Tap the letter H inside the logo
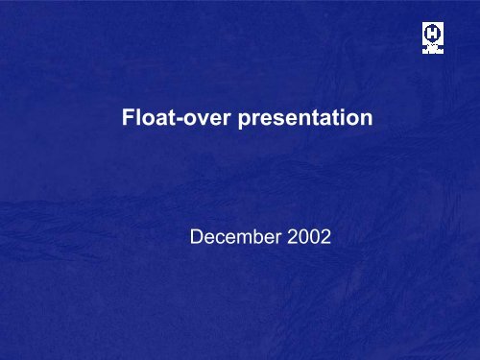pyautogui.click(x=433, y=33)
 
